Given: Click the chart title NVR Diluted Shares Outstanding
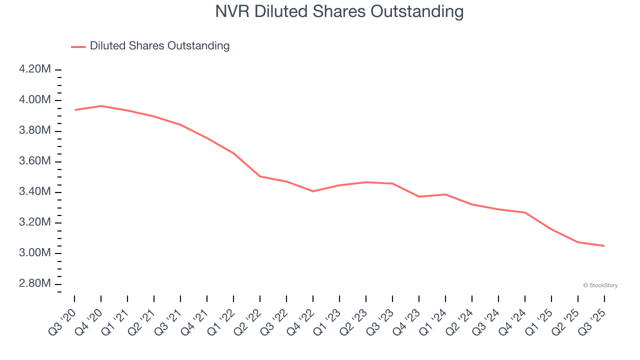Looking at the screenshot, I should [339, 11].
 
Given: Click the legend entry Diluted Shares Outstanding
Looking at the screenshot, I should [159, 46].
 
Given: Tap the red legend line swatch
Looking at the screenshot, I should [78, 46].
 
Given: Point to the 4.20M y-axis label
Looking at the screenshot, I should [35, 69].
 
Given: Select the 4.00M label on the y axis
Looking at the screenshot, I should [35, 100].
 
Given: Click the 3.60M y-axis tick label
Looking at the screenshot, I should [35, 161].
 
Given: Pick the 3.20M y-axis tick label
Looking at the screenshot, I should [35, 222].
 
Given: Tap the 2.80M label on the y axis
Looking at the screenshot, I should [35, 283].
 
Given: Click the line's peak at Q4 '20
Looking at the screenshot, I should [101, 106].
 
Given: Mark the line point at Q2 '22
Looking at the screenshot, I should [260, 176].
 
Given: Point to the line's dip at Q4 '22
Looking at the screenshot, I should [313, 191].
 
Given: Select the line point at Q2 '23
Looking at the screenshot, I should [366, 182].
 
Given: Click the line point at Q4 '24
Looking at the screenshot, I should [525, 212].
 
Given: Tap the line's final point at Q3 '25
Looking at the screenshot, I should [604, 245].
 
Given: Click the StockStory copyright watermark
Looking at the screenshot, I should [600, 285].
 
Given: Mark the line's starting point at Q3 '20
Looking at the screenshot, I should [74, 110].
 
